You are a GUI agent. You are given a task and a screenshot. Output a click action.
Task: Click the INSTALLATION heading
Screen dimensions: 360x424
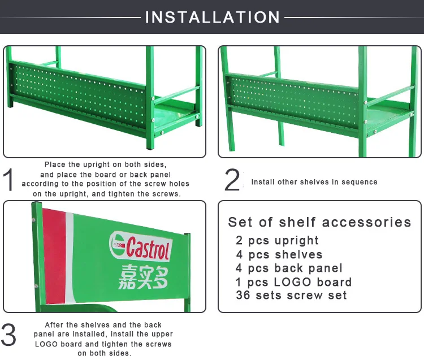213,17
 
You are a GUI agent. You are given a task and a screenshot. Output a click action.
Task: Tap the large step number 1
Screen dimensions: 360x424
9,180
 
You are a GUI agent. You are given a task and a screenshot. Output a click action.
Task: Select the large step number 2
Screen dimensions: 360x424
232,180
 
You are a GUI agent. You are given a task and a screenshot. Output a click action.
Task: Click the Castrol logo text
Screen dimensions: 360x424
148,248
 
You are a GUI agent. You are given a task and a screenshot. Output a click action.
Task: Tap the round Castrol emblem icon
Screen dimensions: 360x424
117,244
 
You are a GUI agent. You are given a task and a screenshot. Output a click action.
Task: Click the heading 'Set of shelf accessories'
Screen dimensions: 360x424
319,222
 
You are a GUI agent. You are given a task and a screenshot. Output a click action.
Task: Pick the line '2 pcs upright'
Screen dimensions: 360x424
278,240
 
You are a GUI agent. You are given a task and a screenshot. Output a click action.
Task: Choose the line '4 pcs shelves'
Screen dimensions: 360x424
279,254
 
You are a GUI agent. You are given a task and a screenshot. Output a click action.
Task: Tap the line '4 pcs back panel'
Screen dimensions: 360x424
289,268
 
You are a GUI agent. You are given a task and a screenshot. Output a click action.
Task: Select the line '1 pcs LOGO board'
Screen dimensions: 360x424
294,281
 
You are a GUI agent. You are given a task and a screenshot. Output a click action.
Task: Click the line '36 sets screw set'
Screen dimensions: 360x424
291,295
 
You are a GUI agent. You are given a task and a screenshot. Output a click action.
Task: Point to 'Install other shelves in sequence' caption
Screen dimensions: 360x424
314,182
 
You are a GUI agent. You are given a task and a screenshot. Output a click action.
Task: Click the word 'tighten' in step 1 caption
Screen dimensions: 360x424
135,193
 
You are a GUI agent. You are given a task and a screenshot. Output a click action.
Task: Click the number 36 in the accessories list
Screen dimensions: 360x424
243,295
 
